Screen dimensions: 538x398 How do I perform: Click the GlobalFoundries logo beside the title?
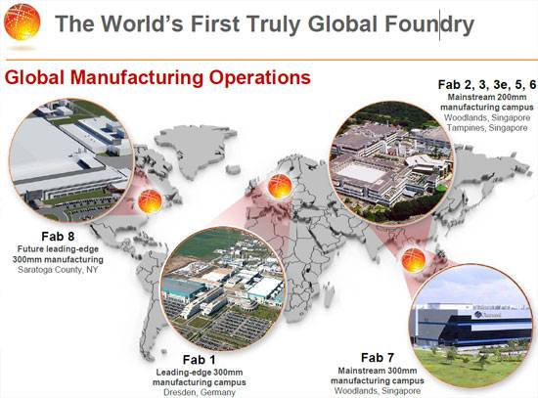[22, 22]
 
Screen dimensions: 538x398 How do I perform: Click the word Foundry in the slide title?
[429, 24]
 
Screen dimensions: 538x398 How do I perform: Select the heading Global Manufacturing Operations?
[157, 77]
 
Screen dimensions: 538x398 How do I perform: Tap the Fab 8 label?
[58, 237]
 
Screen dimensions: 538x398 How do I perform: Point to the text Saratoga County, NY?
[58, 270]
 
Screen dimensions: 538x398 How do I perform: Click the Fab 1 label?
[199, 360]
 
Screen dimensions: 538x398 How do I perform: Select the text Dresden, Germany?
[200, 392]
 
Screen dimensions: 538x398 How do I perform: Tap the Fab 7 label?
[378, 358]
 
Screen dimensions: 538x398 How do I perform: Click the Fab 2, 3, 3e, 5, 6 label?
[487, 85]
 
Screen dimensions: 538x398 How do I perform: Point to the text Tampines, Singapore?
[487, 128]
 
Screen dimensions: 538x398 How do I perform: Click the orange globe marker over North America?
[150, 201]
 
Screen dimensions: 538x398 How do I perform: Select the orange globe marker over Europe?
[280, 187]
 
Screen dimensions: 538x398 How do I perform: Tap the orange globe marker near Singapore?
[414, 261]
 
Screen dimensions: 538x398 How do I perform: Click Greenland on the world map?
[194, 148]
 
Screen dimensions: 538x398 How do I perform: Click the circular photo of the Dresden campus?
[223, 288]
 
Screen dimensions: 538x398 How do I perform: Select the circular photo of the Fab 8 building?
[71, 160]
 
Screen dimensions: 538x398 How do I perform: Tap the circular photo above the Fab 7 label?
[472, 327]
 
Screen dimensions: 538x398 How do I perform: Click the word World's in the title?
[144, 24]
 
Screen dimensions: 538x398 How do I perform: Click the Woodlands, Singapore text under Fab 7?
[378, 391]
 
